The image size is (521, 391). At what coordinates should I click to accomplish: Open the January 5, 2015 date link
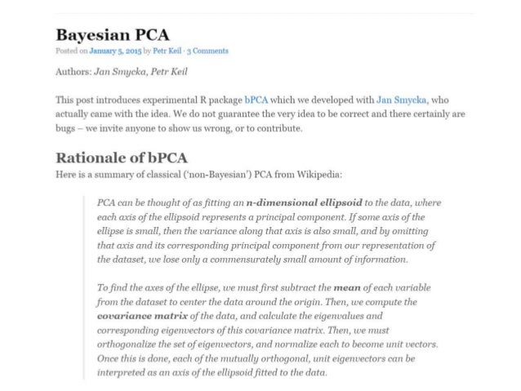pyautogui.click(x=109, y=51)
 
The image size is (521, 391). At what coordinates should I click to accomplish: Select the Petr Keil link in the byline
pyautogui.click(x=166, y=51)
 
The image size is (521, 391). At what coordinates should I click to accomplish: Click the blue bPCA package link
pyautogui.click(x=256, y=100)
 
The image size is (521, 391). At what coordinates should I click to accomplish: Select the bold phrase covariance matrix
pyautogui.click(x=140, y=315)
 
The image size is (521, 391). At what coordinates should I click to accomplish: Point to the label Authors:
pyautogui.click(x=73, y=71)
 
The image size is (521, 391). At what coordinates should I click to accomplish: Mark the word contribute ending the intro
pyautogui.click(x=278, y=129)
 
